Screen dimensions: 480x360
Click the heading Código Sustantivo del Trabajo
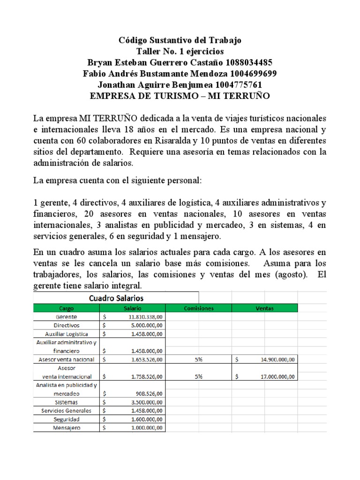pyautogui.click(x=180, y=40)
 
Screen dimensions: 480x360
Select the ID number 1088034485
pyautogui.click(x=248, y=63)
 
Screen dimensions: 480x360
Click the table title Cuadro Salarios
pyautogui.click(x=116, y=298)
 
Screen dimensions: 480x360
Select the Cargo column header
pyautogui.click(x=67, y=308)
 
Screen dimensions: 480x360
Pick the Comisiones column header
pyautogui.click(x=199, y=308)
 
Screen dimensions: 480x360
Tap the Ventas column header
pyautogui.click(x=265, y=308)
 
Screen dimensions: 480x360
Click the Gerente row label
pyautogui.click(x=67, y=317)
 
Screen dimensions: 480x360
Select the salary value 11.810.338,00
pyautogui.click(x=145, y=317)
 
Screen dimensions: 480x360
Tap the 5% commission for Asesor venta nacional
pyautogui.click(x=199, y=360)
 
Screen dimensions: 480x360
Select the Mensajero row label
pyautogui.click(x=67, y=428)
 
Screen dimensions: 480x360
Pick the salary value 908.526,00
pyautogui.click(x=149, y=394)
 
